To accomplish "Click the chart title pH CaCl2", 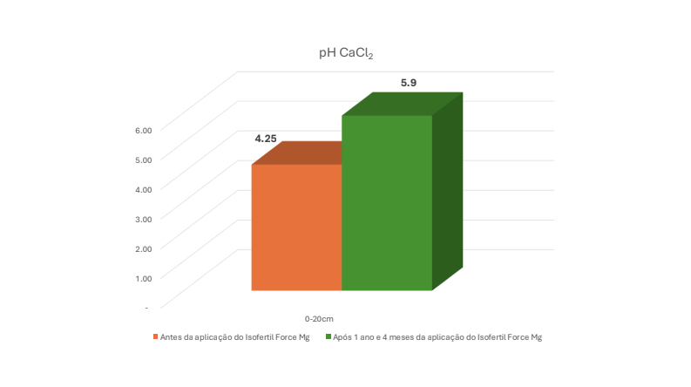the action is click(x=346, y=53).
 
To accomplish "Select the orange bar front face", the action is click(x=296, y=227).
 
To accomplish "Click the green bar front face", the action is click(x=387, y=203).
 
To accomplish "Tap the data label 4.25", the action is click(x=266, y=139).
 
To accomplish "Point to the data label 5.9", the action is click(x=409, y=83).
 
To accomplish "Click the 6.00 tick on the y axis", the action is click(x=144, y=131).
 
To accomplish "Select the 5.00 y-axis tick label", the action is click(x=144, y=160).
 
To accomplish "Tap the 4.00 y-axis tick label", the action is click(x=144, y=189).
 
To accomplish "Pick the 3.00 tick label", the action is click(x=144, y=219).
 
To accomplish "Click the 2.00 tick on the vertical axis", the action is click(x=144, y=248).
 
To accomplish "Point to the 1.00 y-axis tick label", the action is click(x=144, y=278).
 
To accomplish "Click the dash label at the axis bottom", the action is click(x=146, y=308).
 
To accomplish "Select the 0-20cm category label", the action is click(x=319, y=319).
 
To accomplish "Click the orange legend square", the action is click(x=156, y=336).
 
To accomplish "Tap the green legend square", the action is click(x=329, y=336).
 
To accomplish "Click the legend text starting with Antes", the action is click(x=235, y=337).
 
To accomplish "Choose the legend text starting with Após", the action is click(x=437, y=337).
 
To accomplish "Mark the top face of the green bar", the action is click(x=403, y=104).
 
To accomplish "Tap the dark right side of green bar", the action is click(x=447, y=191).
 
